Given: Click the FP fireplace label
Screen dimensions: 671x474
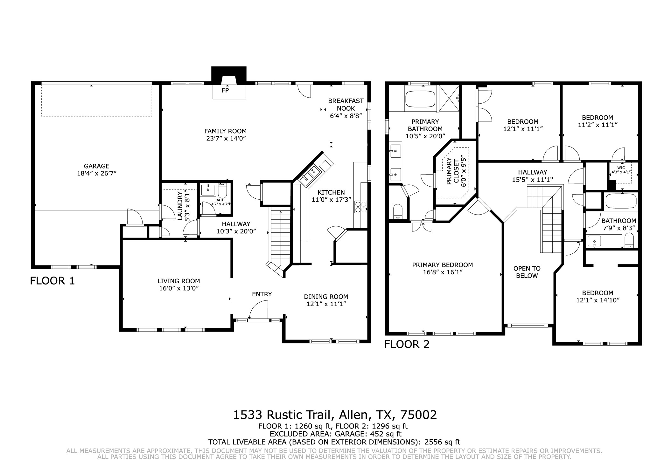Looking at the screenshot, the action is point(225,90).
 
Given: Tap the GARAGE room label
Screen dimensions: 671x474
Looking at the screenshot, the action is point(96,166).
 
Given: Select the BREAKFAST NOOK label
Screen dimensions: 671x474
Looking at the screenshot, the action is point(346,105).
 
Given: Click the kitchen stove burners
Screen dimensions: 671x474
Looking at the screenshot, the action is point(361,207).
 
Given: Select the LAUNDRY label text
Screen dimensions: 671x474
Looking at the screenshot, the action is point(180,206).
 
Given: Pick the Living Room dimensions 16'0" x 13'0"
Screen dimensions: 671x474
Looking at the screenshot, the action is point(178,288).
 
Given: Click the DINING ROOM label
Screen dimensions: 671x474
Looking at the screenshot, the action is point(326,297).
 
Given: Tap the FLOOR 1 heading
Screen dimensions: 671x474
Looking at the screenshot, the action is point(52,281).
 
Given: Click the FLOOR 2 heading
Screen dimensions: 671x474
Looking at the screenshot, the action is point(407,344).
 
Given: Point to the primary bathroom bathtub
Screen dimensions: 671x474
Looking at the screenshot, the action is point(420,99).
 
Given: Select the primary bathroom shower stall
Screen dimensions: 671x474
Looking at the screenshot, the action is point(449,98).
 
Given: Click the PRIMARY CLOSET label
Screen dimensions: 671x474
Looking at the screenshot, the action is point(452,171).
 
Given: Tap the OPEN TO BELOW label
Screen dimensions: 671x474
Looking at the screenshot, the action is point(527,272).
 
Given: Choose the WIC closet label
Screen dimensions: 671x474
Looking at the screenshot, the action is point(621,168).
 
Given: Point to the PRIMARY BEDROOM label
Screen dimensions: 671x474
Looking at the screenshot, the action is point(442,265).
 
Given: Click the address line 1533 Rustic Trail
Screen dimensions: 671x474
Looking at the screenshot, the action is point(335,415).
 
